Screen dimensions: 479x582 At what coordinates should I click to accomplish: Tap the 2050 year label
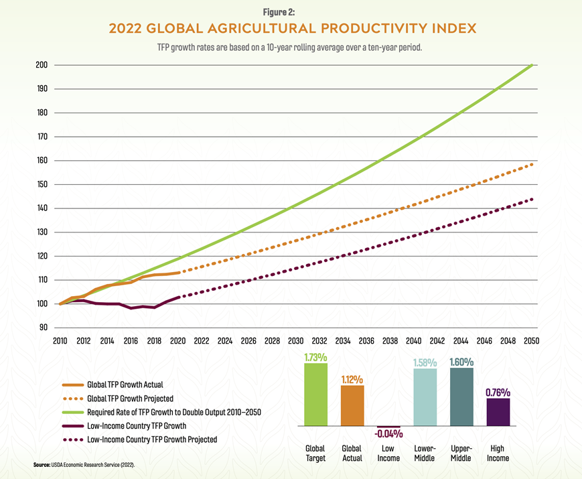pos(532,340)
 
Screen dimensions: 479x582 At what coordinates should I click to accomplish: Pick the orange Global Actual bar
pos(352,405)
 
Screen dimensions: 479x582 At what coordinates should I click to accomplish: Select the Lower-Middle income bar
pos(425,397)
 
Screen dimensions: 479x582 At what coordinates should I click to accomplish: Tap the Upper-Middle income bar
pos(461,397)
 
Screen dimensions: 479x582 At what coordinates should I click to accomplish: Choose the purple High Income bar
pos(498,411)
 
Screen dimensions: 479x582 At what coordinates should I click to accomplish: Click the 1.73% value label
pos(316,357)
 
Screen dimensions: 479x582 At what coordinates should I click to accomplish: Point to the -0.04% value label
pos(388,433)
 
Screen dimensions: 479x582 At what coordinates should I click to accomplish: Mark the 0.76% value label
pos(498,392)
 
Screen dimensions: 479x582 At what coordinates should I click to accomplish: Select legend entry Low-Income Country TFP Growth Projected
pos(151,439)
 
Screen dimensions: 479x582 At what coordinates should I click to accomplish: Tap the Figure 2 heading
pos(291,11)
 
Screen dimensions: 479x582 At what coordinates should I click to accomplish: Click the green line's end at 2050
pos(532,65)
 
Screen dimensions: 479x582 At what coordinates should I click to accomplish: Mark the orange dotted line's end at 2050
pos(532,163)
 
